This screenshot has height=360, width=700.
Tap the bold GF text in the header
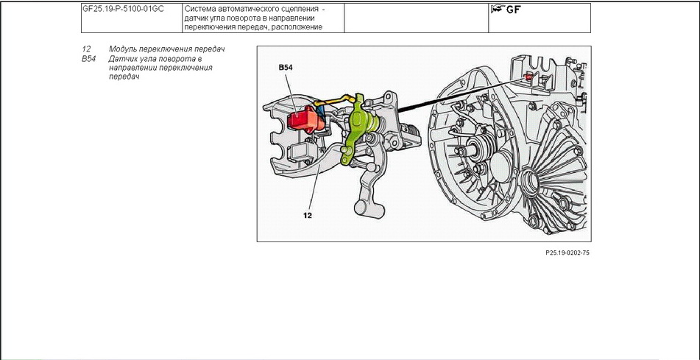[513, 10]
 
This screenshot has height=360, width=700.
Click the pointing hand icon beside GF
[498, 10]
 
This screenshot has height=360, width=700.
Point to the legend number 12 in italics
[86, 49]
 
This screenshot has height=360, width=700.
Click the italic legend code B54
[89, 58]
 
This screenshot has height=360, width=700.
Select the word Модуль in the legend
[126, 49]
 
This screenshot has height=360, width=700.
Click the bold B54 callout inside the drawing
[286, 67]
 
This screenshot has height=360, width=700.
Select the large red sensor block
[303, 119]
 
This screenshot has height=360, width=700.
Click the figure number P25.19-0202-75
[568, 252]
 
